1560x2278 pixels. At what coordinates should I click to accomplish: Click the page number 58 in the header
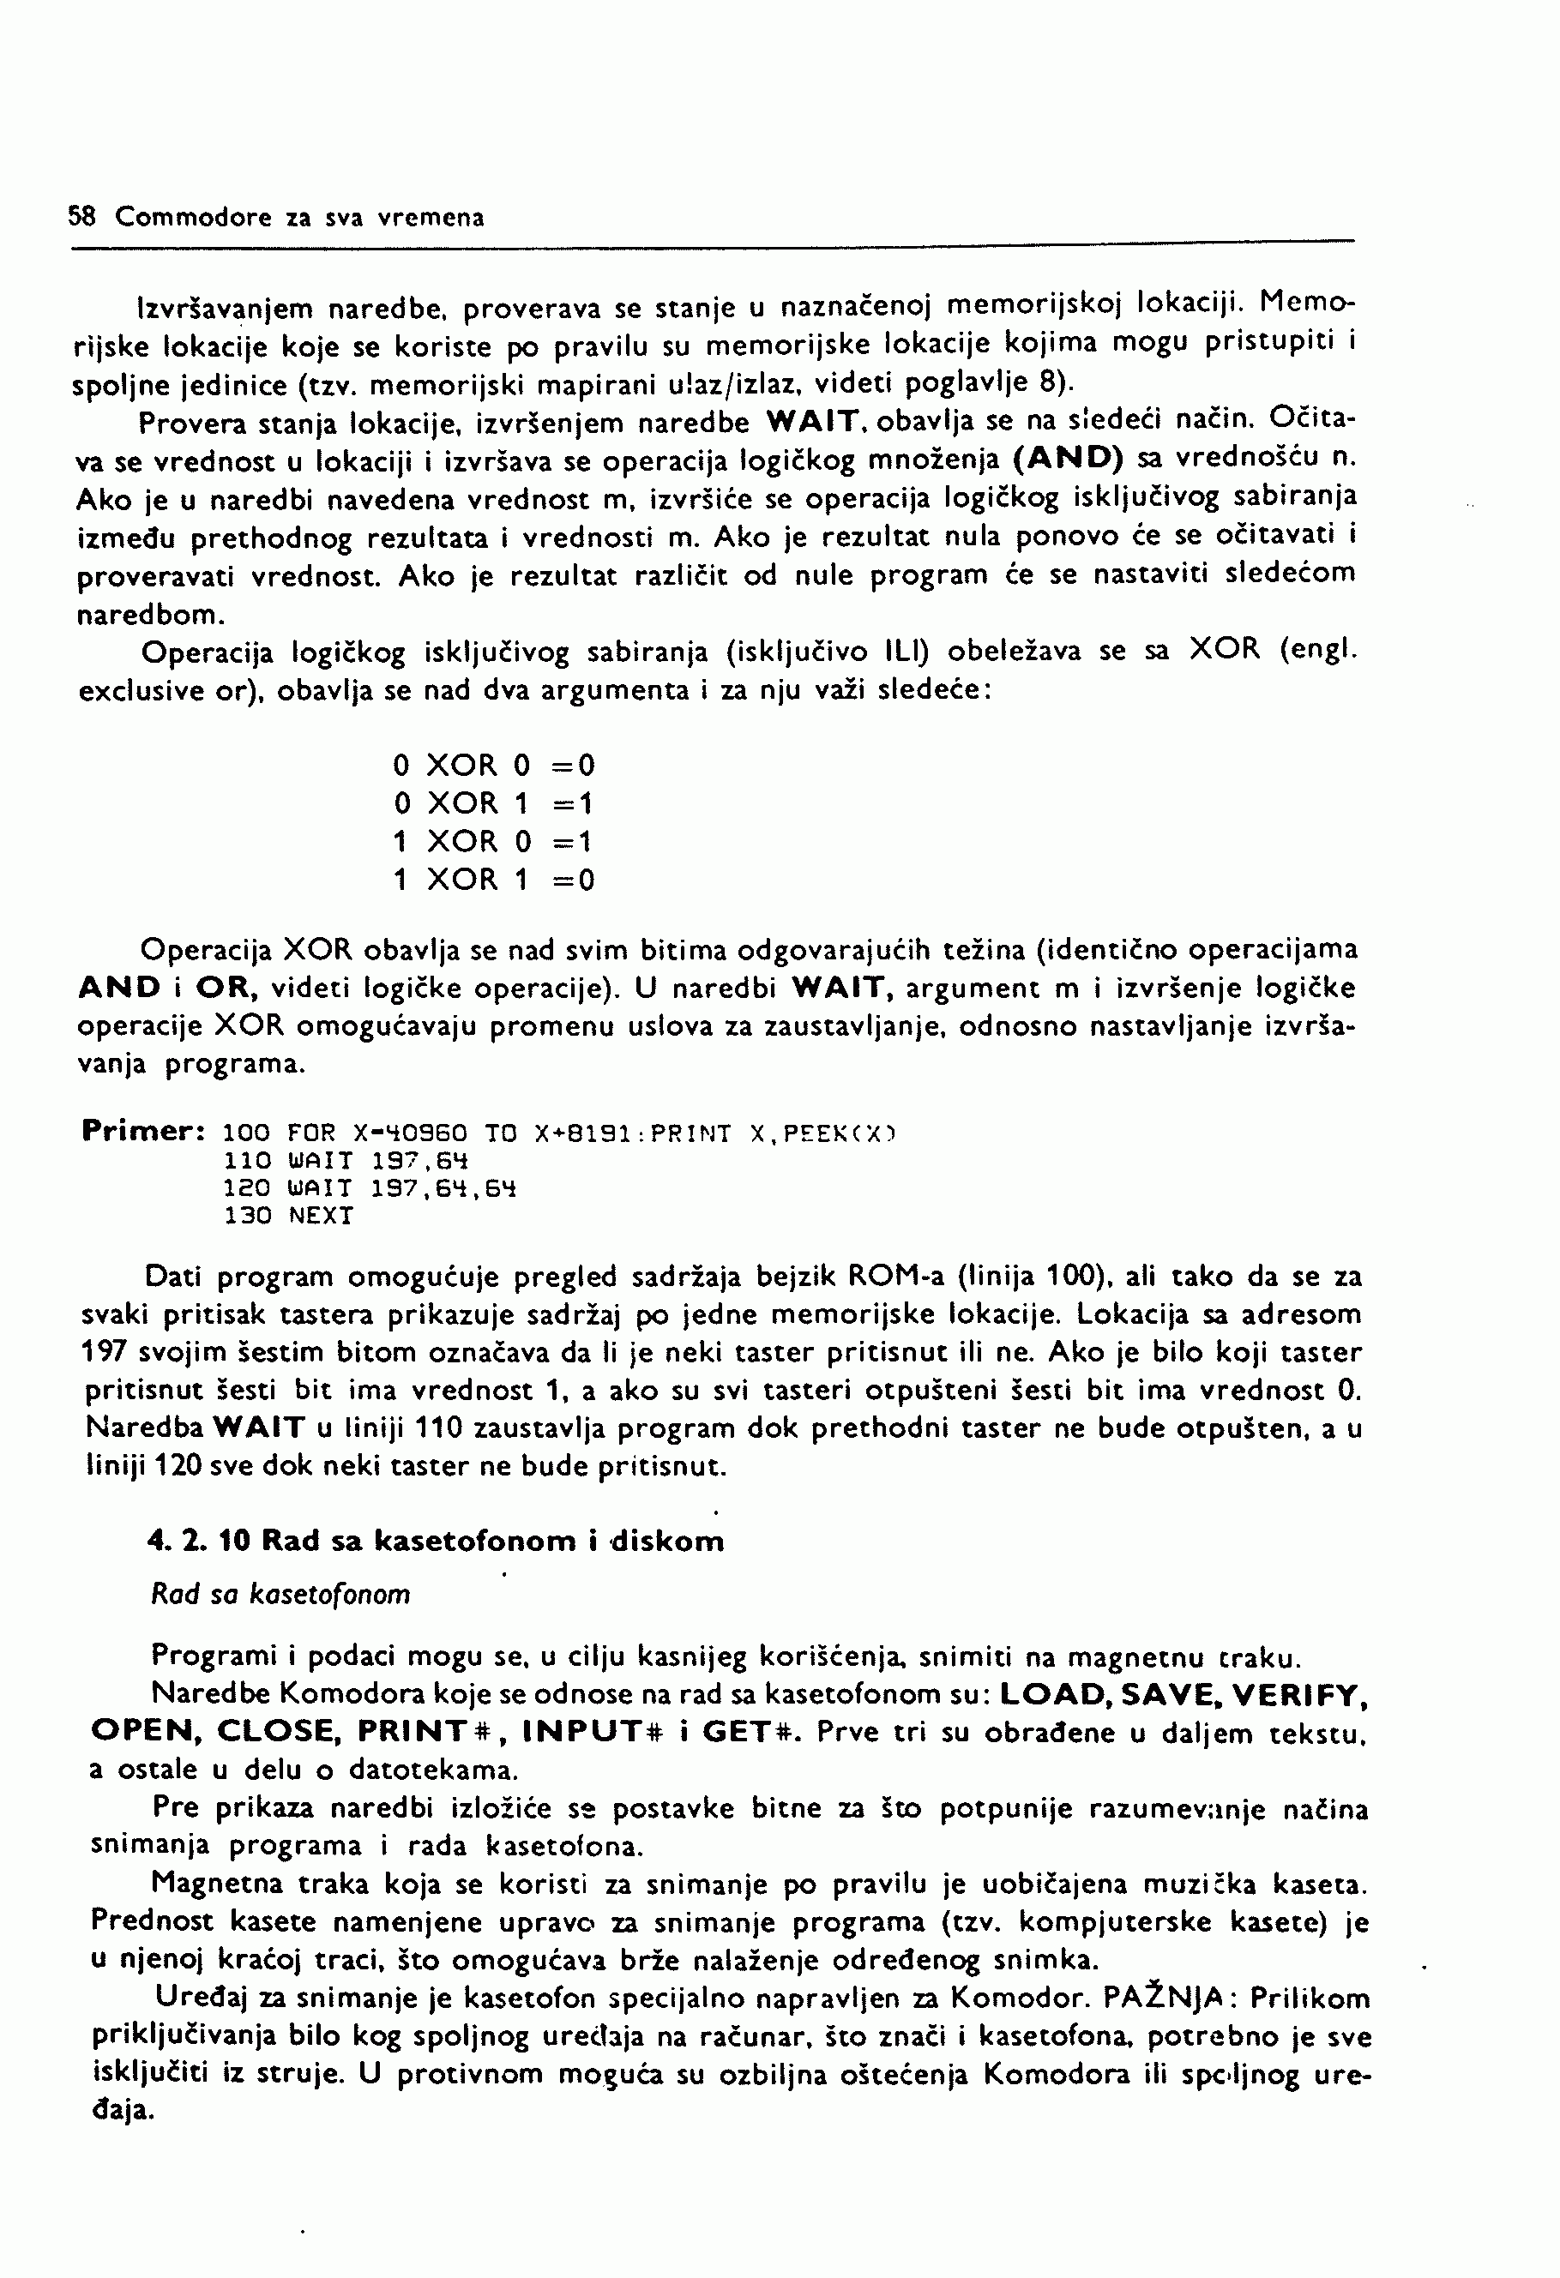(81, 217)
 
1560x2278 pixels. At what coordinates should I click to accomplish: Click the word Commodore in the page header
(192, 217)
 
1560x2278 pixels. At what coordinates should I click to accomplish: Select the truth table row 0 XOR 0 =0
(493, 766)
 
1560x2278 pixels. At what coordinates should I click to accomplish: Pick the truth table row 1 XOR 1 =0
(493, 881)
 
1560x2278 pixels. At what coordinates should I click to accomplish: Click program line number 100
(246, 1134)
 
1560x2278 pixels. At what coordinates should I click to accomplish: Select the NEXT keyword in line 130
(321, 1217)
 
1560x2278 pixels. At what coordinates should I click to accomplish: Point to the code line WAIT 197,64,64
(402, 1189)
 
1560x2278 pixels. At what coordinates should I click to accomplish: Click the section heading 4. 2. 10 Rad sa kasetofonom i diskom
(436, 1541)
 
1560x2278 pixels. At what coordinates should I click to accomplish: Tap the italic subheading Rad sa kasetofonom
(280, 1595)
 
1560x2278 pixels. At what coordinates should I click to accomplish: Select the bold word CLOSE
(278, 1732)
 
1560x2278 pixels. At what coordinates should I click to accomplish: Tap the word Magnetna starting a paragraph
(218, 1884)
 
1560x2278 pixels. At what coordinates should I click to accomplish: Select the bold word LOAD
(1052, 1695)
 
